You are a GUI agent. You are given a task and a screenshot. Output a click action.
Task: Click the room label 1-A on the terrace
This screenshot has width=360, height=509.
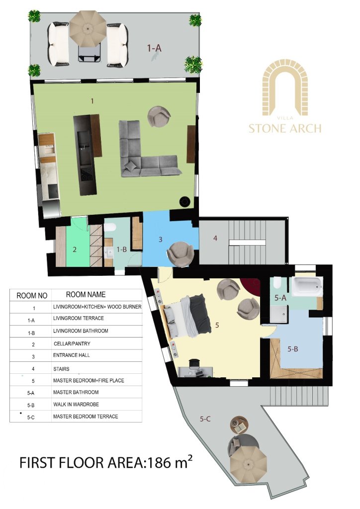pyautogui.click(x=154, y=48)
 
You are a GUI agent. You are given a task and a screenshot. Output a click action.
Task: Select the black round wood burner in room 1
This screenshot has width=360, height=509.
pyautogui.click(x=184, y=201)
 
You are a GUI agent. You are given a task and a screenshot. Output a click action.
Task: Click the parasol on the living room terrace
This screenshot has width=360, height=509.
pyautogui.click(x=88, y=29)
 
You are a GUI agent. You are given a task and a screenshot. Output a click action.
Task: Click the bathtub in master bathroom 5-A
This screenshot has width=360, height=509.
pyautogui.click(x=307, y=286)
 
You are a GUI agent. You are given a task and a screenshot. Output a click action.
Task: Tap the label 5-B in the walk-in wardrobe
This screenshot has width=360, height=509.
pyautogui.click(x=293, y=349)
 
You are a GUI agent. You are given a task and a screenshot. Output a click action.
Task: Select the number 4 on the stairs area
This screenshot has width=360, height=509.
pyautogui.click(x=215, y=238)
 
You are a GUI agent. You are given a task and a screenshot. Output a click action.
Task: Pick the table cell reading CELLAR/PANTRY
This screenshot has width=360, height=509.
pyautogui.click(x=72, y=343)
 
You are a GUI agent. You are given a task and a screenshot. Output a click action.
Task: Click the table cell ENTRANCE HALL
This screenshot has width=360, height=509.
pyautogui.click(x=72, y=355)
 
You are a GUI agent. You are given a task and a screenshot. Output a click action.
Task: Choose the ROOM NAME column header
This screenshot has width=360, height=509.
pyautogui.click(x=86, y=294)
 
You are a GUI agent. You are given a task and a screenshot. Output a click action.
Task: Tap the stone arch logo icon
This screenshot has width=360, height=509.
pyautogui.click(x=285, y=87)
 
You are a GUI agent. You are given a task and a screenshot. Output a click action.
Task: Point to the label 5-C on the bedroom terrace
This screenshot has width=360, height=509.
pyautogui.click(x=205, y=419)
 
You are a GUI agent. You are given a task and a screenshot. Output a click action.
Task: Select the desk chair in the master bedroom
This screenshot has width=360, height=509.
pyautogui.click(x=194, y=363)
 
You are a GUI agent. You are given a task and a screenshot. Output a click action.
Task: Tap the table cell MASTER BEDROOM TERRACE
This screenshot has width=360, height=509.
pyautogui.click(x=86, y=417)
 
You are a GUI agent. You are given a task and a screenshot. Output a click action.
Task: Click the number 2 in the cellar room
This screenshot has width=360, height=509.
pyautogui.click(x=75, y=250)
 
